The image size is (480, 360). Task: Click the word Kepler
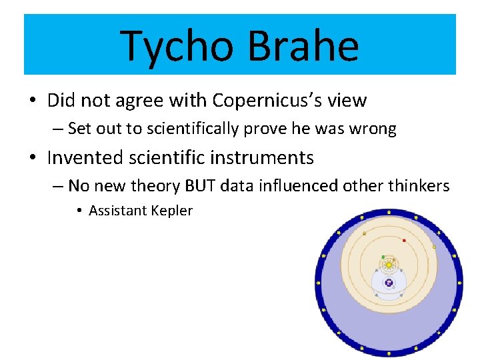173,211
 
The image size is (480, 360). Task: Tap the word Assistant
119,211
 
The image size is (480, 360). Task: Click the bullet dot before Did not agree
32,101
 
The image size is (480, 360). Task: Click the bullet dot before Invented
32,159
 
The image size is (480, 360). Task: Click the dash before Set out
58,129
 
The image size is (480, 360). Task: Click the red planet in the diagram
404,240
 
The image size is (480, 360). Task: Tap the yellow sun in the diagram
389,265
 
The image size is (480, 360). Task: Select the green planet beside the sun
383,257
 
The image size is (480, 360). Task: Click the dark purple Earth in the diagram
389,283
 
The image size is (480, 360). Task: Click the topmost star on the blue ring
389,213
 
